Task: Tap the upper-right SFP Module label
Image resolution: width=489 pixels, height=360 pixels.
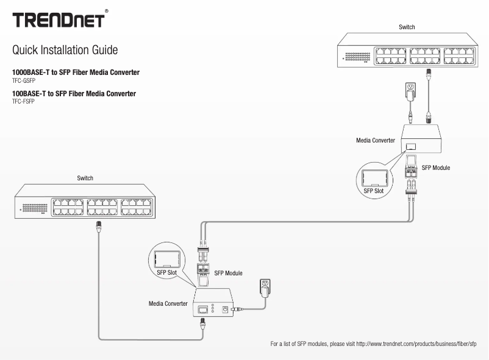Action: coord(436,167)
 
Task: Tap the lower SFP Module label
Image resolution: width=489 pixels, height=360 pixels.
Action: coord(229,274)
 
